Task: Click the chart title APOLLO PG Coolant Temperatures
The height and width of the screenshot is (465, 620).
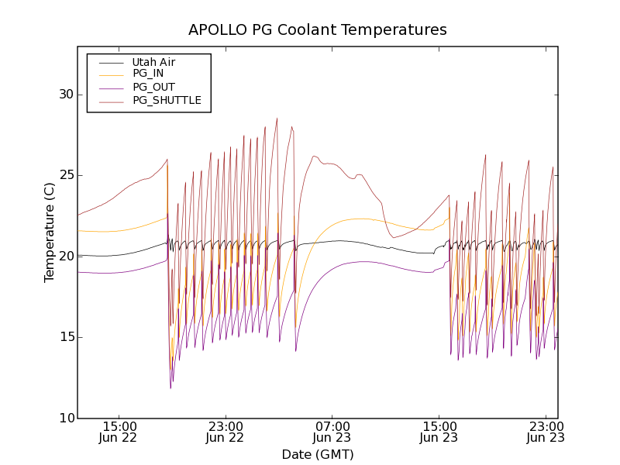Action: click(x=318, y=30)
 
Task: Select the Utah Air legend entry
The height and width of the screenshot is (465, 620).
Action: click(x=153, y=62)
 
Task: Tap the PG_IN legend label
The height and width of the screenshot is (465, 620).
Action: click(x=148, y=74)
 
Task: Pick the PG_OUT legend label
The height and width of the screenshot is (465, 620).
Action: click(x=153, y=87)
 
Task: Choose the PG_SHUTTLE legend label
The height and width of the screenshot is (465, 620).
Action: click(x=167, y=100)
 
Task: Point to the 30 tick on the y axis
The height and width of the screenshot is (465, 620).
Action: click(x=65, y=95)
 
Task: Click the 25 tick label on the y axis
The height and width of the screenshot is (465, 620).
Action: click(x=65, y=175)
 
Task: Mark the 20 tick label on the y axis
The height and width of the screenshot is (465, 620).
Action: click(x=65, y=256)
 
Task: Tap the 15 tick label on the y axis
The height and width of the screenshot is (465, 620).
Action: click(x=65, y=337)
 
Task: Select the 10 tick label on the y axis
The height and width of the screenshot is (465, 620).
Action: click(x=65, y=418)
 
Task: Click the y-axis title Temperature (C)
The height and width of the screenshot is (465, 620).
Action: click(x=50, y=232)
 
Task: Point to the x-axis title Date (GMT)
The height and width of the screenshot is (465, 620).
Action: click(x=318, y=454)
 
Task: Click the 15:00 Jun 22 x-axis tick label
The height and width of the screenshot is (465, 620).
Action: click(x=119, y=432)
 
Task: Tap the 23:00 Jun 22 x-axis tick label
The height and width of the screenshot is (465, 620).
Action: click(x=226, y=432)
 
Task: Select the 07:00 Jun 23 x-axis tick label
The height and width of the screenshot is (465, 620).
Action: click(x=332, y=432)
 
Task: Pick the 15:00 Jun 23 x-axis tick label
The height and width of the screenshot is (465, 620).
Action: click(x=439, y=432)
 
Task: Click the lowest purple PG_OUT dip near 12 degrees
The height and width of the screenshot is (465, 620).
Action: click(x=171, y=387)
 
